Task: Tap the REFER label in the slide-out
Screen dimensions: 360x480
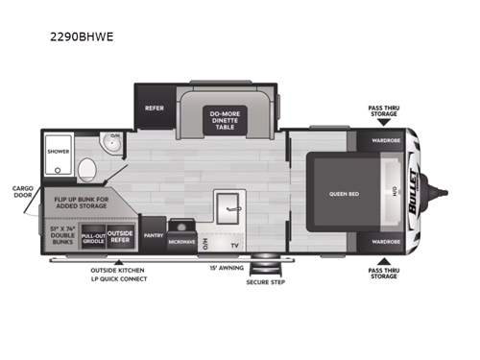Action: pyautogui.click(x=155, y=108)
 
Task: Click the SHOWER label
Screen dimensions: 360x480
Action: pyautogui.click(x=59, y=151)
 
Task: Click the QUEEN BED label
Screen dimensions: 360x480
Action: pyautogui.click(x=341, y=192)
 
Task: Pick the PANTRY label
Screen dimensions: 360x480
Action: pyautogui.click(x=152, y=234)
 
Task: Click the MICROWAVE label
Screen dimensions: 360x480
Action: pyautogui.click(x=180, y=242)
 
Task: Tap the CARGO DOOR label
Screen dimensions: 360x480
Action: pyautogui.click(x=20, y=193)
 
